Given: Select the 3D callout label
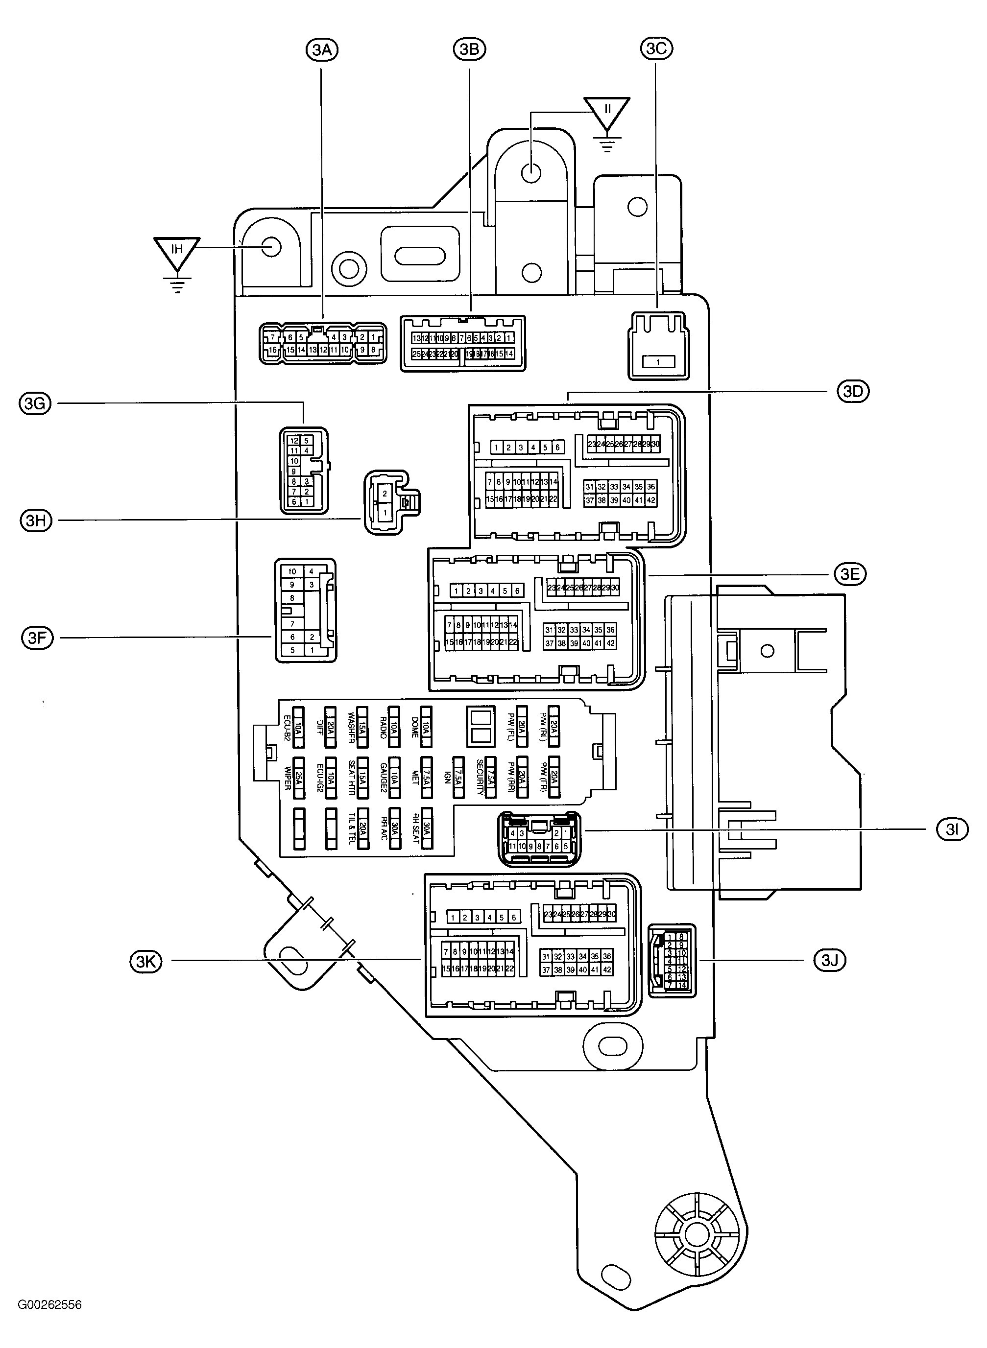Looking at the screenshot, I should pyautogui.click(x=853, y=392).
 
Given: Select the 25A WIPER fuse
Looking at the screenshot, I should pyautogui.click(x=299, y=777).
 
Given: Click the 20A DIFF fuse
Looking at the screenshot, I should pyautogui.click(x=331, y=727).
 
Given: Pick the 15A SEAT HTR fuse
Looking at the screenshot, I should pyautogui.click(x=362, y=777).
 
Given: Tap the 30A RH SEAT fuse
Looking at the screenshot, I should pyautogui.click(x=427, y=828).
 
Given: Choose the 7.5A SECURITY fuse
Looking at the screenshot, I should pyautogui.click(x=490, y=777).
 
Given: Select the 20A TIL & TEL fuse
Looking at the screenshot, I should pyautogui.click(x=362, y=828).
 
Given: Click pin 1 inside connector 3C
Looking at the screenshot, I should pyautogui.click(x=658, y=362).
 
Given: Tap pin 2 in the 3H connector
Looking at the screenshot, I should pyautogui.click(x=385, y=494).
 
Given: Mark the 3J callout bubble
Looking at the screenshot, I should pyautogui.click(x=830, y=960).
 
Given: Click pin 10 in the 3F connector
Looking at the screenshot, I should pyautogui.click(x=292, y=571).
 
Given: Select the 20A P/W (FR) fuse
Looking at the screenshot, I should pyautogui.click(x=554, y=777).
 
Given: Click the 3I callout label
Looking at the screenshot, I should pyautogui.click(x=952, y=829).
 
